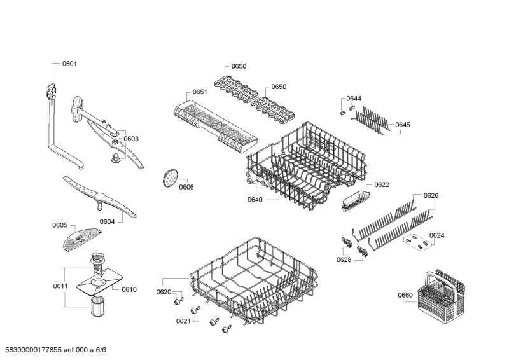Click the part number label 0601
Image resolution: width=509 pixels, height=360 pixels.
(x=69, y=64)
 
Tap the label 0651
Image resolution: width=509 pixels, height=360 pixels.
(x=200, y=92)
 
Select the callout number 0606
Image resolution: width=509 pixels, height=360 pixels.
(x=186, y=187)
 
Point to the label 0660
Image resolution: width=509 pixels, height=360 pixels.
(x=405, y=295)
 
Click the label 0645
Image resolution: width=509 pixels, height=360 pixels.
(x=403, y=125)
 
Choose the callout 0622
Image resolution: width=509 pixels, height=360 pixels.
(x=382, y=184)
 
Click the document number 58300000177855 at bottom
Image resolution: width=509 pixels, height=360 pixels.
(x=34, y=350)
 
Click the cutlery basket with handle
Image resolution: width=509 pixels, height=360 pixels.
(x=442, y=294)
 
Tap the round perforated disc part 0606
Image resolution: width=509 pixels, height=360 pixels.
(x=169, y=178)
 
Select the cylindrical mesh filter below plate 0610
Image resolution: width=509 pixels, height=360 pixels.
(x=97, y=306)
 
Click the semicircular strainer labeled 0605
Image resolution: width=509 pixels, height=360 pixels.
(x=81, y=239)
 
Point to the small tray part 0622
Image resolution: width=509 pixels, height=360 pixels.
(x=356, y=201)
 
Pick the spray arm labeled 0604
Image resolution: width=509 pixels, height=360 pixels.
(x=100, y=197)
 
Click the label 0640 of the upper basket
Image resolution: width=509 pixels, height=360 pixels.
(x=255, y=200)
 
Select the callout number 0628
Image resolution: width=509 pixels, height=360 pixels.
(x=344, y=260)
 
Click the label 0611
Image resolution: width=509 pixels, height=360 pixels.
(x=60, y=286)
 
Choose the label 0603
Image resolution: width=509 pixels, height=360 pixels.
(x=131, y=139)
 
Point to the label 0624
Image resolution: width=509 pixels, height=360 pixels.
(x=437, y=235)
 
